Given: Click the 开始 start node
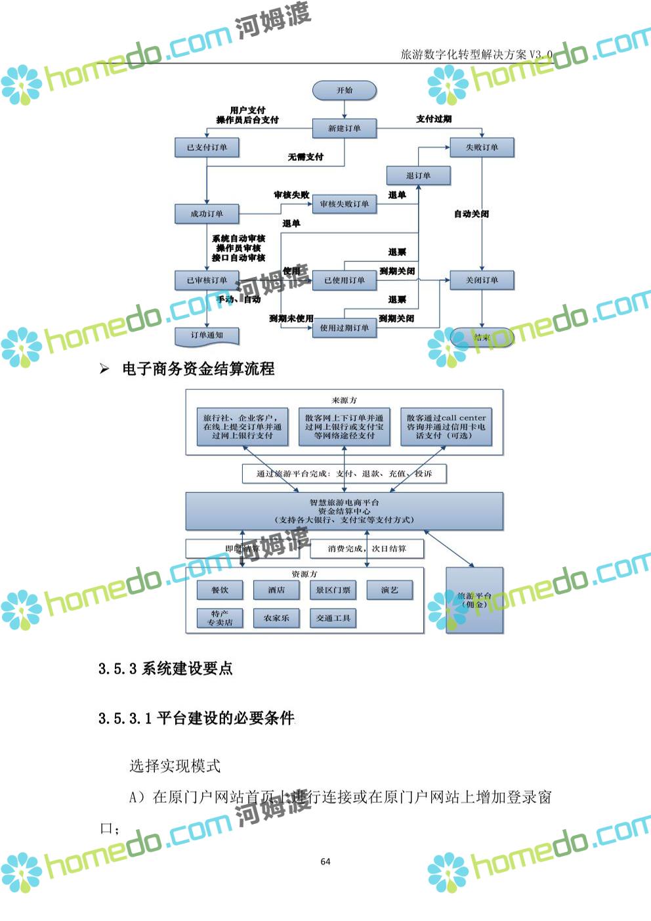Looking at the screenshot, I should click(345, 91).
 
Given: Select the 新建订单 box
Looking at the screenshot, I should click(344, 129).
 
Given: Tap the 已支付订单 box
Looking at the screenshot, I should click(207, 148).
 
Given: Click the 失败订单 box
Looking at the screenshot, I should click(482, 148).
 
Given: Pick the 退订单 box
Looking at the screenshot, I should click(418, 176).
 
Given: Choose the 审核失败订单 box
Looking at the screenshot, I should click(344, 204).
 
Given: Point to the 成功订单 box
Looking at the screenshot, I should click(207, 214).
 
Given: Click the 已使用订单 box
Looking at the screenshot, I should click(344, 280).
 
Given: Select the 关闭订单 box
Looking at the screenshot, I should click(482, 280).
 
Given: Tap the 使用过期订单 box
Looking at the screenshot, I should click(344, 328).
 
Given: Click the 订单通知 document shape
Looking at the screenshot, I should click(207, 335).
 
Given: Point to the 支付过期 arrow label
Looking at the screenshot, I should click(434, 119).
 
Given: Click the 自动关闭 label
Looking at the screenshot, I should click(471, 214).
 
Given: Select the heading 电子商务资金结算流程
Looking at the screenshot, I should click(198, 369).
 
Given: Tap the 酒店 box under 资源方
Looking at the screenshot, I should click(276, 590).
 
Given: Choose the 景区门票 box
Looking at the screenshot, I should click(333, 590).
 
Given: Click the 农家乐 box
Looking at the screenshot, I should click(276, 618).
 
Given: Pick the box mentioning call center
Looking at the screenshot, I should click(446, 427).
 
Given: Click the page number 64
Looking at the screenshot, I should click(325, 862).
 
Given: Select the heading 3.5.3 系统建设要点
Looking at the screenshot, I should click(166, 669).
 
